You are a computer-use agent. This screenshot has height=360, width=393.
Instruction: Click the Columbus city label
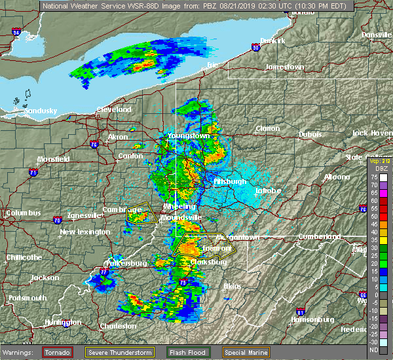point(23,213)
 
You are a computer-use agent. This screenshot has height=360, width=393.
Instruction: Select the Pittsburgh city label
point(230,181)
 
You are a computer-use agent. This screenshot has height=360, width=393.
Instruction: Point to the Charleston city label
point(118,326)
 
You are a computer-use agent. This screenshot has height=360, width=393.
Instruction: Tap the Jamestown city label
point(285,67)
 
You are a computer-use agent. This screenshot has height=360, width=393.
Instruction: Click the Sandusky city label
point(41,111)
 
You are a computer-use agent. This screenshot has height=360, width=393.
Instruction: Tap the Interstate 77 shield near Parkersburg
point(103,270)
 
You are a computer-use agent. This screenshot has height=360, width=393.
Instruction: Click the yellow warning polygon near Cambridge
point(141,214)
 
